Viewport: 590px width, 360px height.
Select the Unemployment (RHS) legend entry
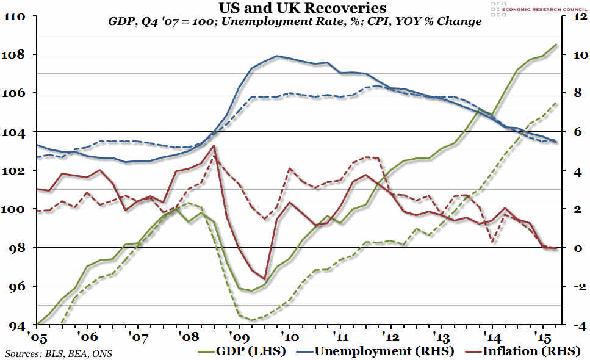pyautogui.click(x=384, y=351)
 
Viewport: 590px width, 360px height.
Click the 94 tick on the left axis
pyautogui.click(x=15, y=325)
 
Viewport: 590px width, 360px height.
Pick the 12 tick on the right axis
pyautogui.click(x=578, y=16)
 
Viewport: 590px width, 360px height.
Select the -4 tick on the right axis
pyautogui.click(x=578, y=325)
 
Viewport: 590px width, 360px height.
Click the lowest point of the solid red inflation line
pyautogui.click(x=264, y=279)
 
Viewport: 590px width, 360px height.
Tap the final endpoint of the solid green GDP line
pyautogui.click(x=556, y=44)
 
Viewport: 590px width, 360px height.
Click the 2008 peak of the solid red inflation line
pyautogui.click(x=213, y=146)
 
